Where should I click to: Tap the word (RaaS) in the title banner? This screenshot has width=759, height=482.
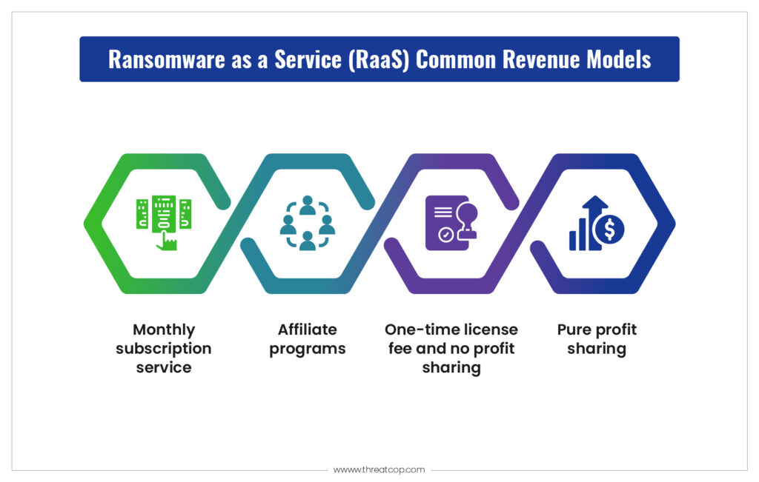(x=379, y=60)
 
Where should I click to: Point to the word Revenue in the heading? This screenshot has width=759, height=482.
(x=540, y=59)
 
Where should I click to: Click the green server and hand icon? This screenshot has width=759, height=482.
(x=164, y=222)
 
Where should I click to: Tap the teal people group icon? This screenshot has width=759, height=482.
(x=308, y=222)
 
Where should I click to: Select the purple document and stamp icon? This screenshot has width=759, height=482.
(x=451, y=222)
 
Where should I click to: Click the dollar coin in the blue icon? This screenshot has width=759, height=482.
(x=609, y=230)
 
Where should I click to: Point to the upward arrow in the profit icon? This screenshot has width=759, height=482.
(x=595, y=218)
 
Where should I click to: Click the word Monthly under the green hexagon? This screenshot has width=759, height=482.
(x=164, y=330)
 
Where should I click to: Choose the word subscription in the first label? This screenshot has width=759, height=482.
(x=164, y=349)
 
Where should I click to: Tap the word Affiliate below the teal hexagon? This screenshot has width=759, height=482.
(x=308, y=329)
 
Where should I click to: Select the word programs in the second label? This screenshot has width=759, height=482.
(x=308, y=349)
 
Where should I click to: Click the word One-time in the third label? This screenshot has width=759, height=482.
(x=420, y=329)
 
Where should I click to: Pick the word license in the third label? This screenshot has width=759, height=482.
(x=490, y=329)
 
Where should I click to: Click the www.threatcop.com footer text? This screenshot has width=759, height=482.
(x=379, y=469)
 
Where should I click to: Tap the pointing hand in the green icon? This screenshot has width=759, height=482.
(x=167, y=241)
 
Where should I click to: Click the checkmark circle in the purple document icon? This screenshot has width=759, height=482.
(x=445, y=235)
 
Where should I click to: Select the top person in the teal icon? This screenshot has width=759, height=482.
(x=308, y=205)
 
